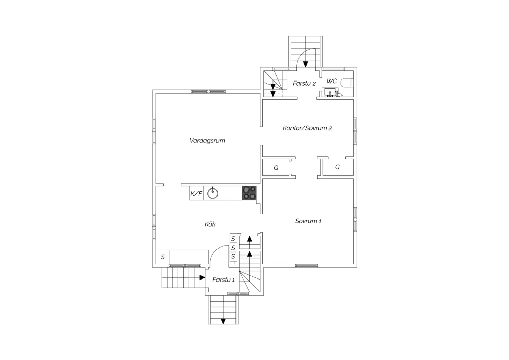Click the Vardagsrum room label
207,141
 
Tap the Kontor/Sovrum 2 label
307,128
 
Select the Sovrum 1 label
308,221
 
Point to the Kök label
210,224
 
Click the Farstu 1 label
224,280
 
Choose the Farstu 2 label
304,83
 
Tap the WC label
332,81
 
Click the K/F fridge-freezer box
196,193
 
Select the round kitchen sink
213,193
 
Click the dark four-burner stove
249,193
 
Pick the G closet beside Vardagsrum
276,168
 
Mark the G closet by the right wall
338,167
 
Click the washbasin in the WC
330,92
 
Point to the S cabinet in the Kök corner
163,257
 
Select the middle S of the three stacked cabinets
233,248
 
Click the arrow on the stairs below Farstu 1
223,321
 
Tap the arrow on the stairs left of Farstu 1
202,277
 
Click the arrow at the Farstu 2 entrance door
306,65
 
